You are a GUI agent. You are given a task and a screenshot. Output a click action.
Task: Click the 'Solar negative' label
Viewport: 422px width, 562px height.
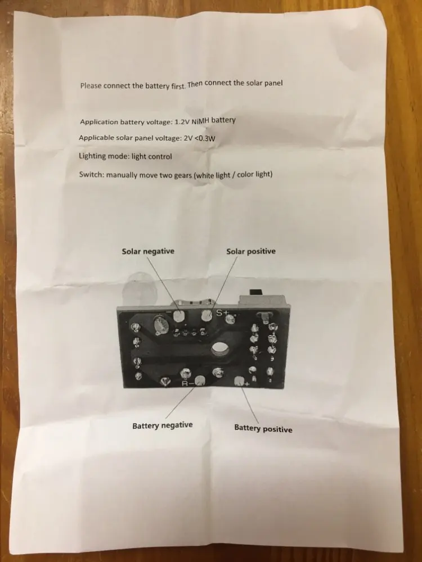(x=148, y=251)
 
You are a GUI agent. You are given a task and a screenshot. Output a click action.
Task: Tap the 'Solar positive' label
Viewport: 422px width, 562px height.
(x=251, y=251)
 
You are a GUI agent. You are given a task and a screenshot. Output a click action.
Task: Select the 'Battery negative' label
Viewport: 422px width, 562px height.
(x=162, y=425)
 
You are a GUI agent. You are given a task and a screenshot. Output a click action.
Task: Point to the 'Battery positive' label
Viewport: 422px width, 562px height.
(x=263, y=429)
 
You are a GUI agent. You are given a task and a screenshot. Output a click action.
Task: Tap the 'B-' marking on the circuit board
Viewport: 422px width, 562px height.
(x=187, y=384)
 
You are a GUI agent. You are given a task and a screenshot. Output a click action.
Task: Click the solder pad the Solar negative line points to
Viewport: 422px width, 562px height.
(x=180, y=316)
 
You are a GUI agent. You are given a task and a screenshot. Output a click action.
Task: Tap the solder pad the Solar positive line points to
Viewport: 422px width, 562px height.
(x=206, y=316)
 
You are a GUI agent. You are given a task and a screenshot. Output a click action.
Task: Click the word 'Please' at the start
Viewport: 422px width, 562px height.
(x=92, y=86)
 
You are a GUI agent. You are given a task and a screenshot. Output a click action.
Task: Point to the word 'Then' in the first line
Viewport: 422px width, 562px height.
(x=195, y=84)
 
